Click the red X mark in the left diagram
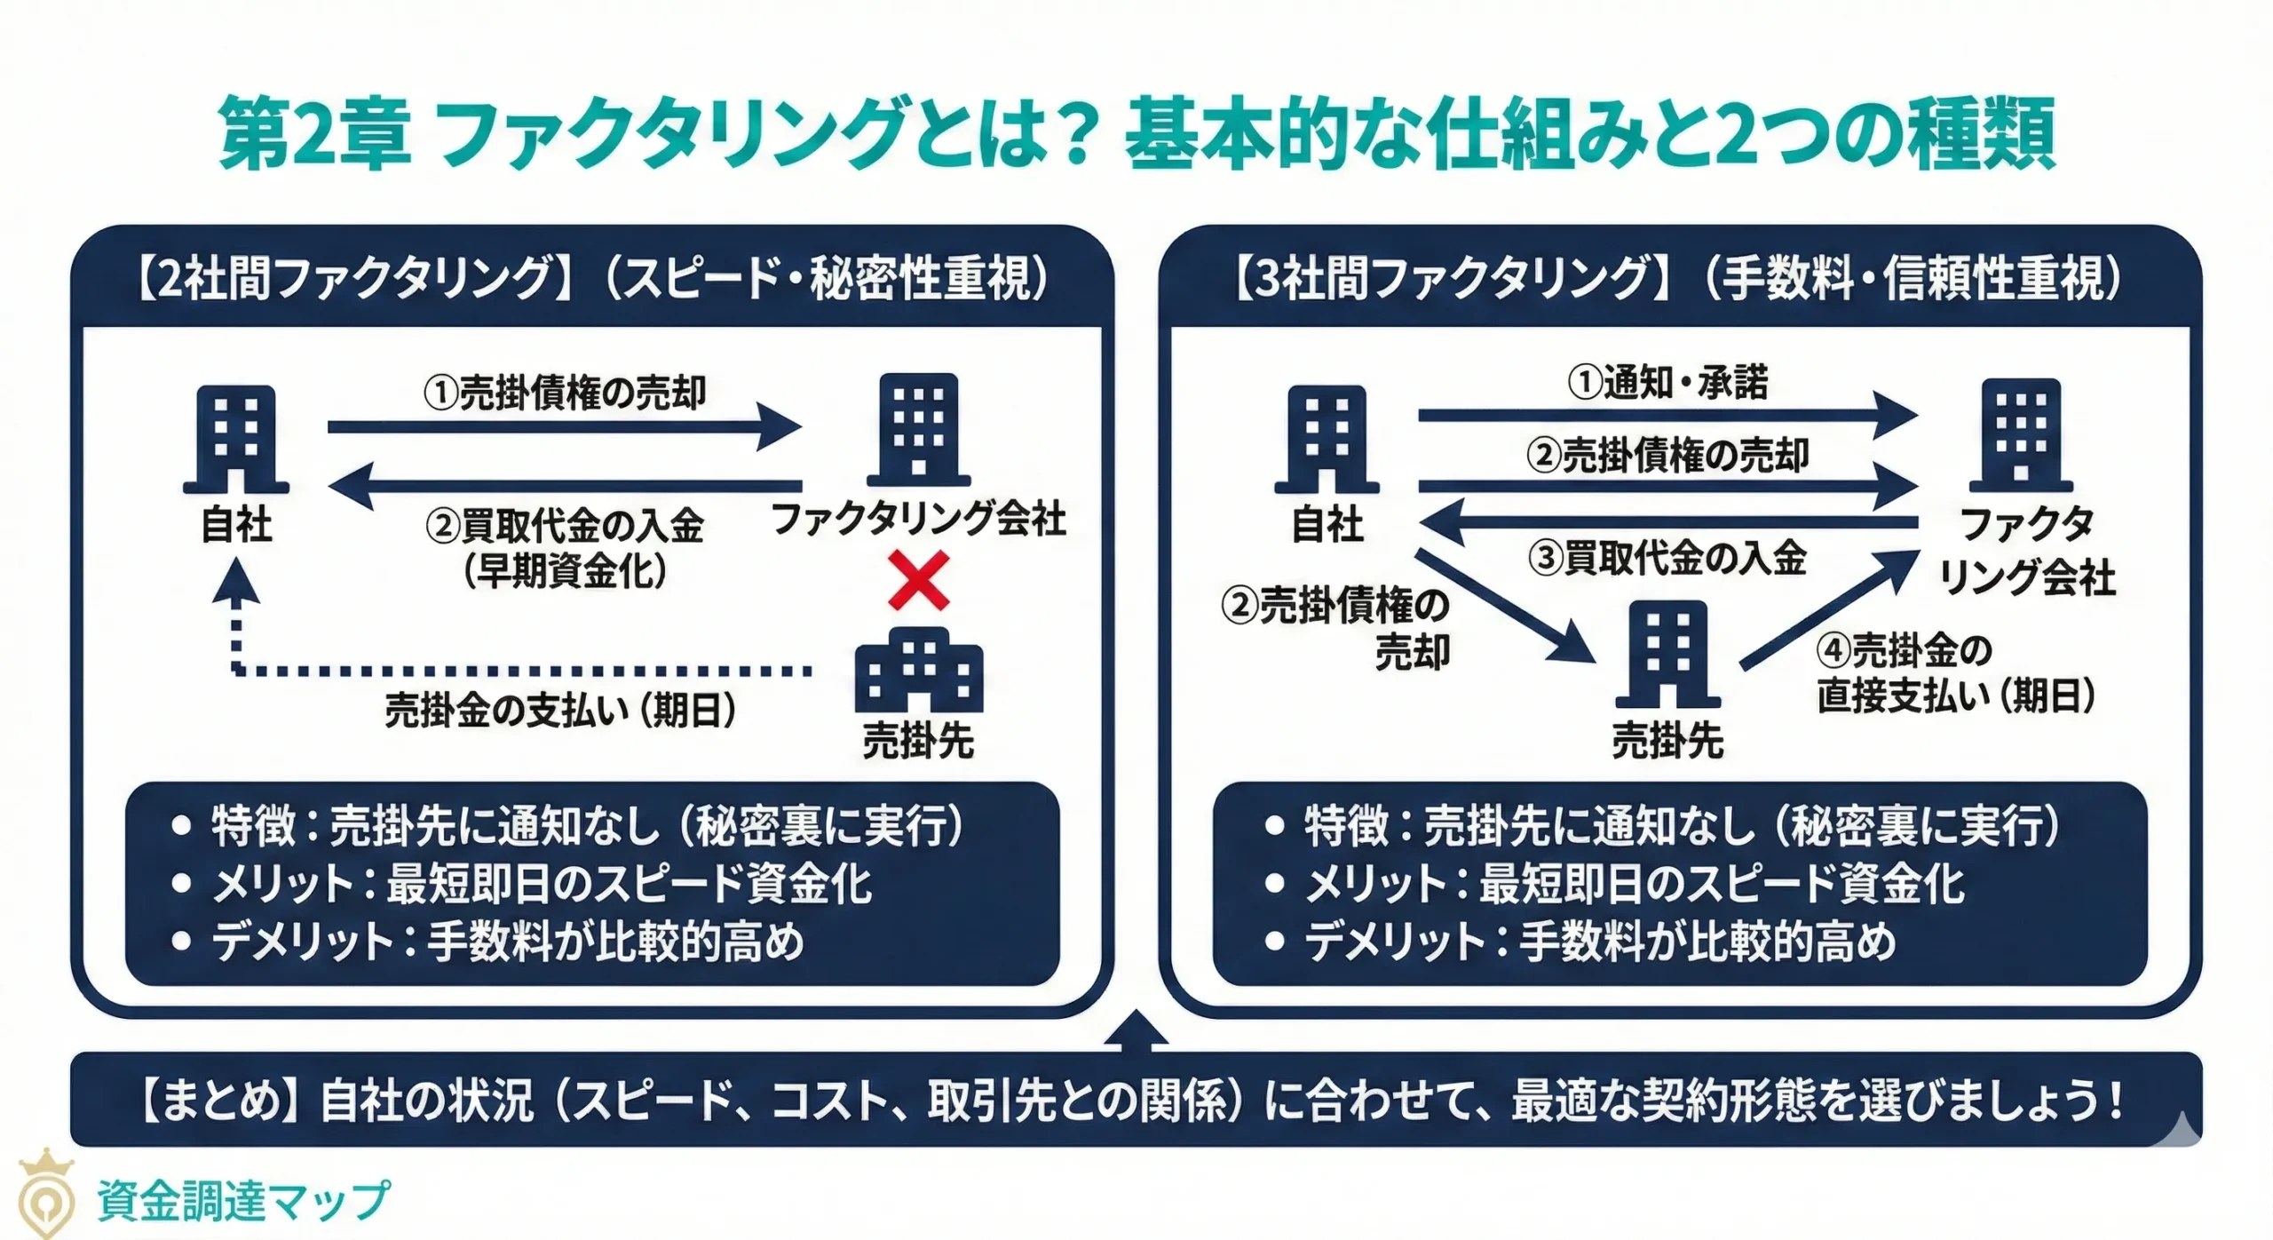918,581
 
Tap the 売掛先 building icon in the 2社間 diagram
918,671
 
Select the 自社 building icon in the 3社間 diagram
1327,439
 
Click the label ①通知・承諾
1667,382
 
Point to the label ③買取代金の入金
1667,558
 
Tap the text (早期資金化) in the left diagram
565,570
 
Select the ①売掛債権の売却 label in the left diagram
565,393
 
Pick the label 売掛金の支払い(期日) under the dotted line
560,711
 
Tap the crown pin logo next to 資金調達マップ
46,1195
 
